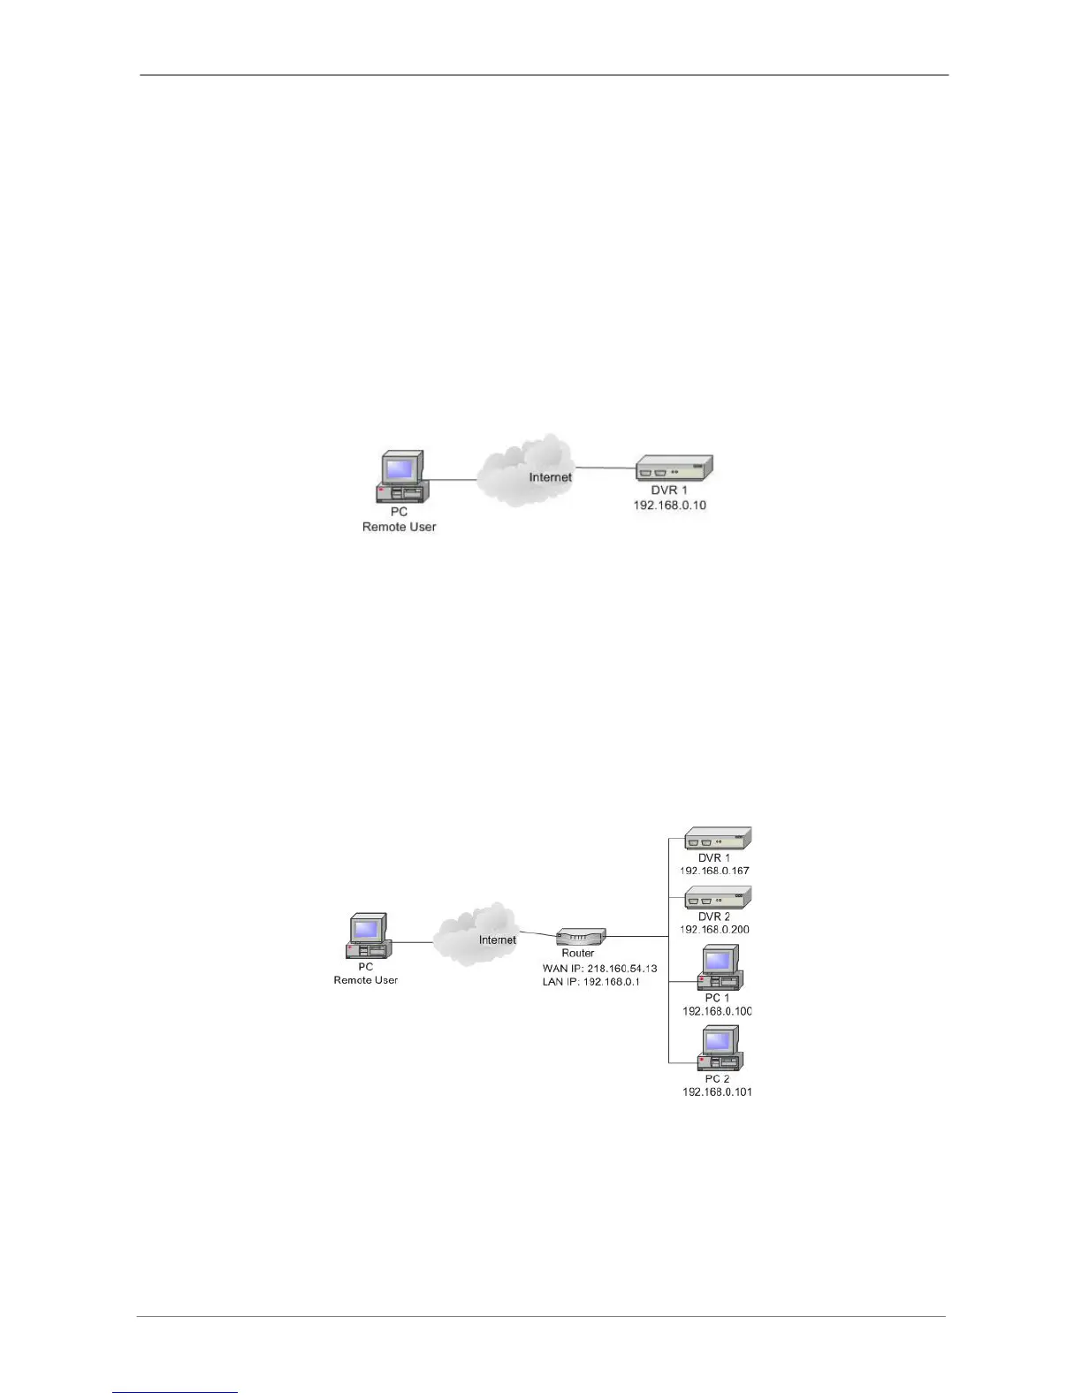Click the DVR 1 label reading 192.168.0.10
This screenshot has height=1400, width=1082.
tap(669, 506)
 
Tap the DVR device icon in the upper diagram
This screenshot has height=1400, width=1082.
tap(674, 468)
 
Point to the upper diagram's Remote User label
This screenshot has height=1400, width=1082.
tap(399, 527)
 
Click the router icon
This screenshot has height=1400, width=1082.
tap(581, 937)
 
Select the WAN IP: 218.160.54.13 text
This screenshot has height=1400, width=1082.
tap(599, 969)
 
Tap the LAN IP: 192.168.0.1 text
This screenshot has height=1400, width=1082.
tap(591, 983)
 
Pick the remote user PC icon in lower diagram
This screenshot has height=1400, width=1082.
tap(368, 937)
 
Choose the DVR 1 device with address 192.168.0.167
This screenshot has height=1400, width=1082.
tap(718, 838)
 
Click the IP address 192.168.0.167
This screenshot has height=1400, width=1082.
tap(714, 871)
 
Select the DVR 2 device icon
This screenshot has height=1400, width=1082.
tap(718, 897)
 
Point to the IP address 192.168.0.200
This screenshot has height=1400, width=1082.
tap(714, 930)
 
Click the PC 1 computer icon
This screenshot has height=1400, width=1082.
tap(720, 968)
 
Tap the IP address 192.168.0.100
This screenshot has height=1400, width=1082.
tap(716, 1011)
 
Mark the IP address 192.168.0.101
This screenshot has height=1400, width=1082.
tap(716, 1092)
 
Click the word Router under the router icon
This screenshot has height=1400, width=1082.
tap(578, 954)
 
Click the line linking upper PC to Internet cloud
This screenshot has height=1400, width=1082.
tap(453, 480)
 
